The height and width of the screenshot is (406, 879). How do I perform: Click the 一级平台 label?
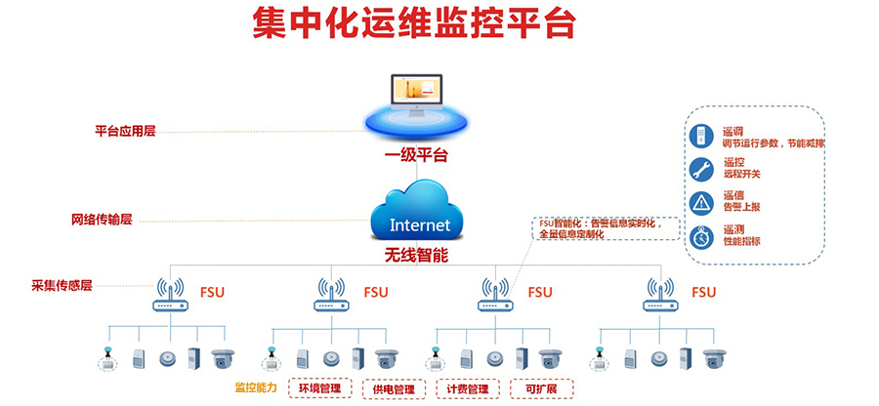click(416, 156)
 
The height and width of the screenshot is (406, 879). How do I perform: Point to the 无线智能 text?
click(416, 256)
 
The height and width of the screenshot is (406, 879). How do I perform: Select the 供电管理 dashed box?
click(394, 388)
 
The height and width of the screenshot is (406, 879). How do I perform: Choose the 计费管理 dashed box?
click(466, 388)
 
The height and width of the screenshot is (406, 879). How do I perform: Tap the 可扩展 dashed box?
click(540, 388)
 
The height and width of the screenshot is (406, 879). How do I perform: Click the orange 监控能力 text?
click(256, 388)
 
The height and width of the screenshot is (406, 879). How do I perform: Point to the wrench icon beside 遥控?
click(701, 169)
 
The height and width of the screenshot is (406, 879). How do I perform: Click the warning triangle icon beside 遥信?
click(701, 202)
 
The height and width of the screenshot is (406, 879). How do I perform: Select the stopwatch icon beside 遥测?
click(701, 237)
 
